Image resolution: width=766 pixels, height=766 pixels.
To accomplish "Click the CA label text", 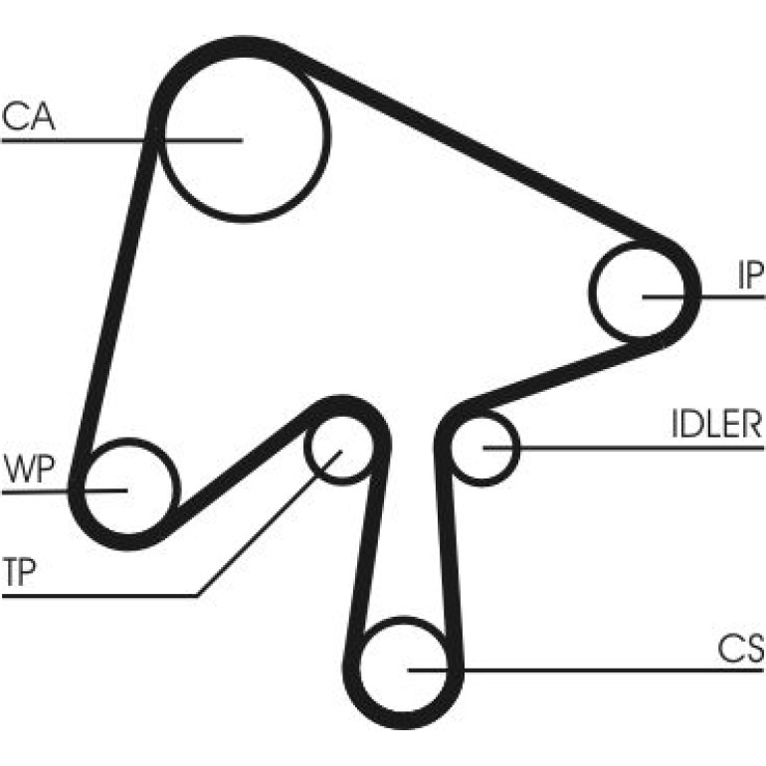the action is [28, 116].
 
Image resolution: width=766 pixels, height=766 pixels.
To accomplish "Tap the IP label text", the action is [750, 275].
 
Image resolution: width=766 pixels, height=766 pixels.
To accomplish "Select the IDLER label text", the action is [716, 424].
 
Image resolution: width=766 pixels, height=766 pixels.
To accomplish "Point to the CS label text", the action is [740, 649].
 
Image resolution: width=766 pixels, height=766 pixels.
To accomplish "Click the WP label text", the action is [28, 469].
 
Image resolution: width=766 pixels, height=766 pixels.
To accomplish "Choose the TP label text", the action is [19, 572].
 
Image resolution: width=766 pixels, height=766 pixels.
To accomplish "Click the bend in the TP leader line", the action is [196, 596].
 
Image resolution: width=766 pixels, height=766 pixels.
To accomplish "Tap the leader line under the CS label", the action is [585, 670].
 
